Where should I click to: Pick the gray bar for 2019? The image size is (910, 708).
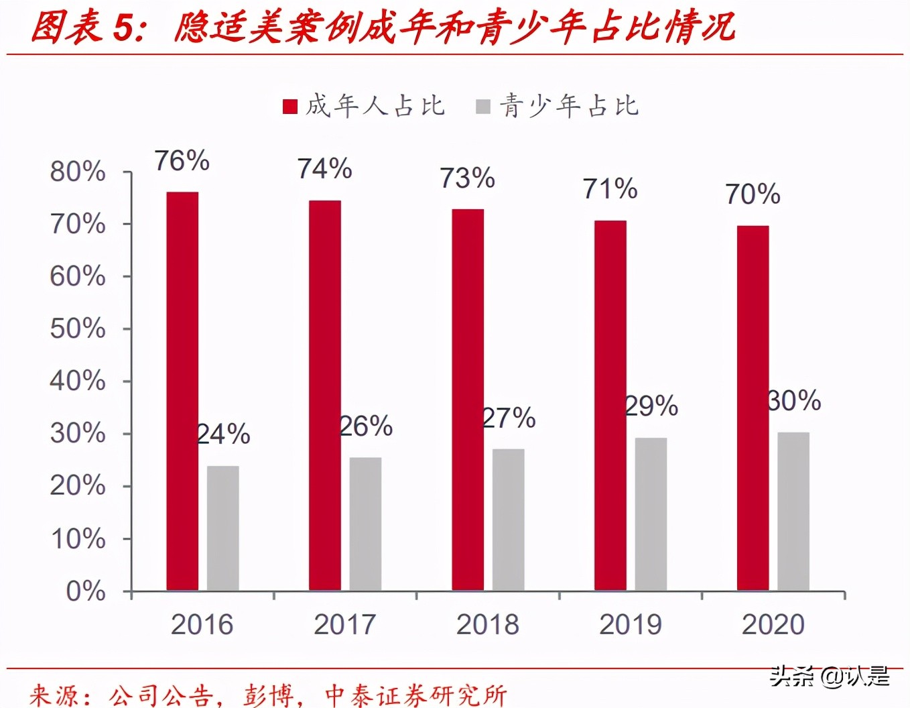pyautogui.click(x=651, y=514)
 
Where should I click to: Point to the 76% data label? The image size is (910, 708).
pyautogui.click(x=182, y=162)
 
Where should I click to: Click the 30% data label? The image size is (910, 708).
pyautogui.click(x=794, y=401)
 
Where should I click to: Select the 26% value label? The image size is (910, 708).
pyautogui.click(x=366, y=426)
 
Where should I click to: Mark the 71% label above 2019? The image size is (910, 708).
pyautogui.click(x=610, y=189)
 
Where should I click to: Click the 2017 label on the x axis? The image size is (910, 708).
pyautogui.click(x=344, y=624)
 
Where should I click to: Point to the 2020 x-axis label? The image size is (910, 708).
pyautogui.click(x=773, y=624)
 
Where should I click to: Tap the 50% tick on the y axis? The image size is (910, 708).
pyautogui.click(x=78, y=329)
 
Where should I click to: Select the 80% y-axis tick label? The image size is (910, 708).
pyautogui.click(x=78, y=172)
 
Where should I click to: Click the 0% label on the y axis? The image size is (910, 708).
pyautogui.click(x=86, y=591)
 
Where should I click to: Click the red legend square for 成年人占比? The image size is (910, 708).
pyautogui.click(x=290, y=107)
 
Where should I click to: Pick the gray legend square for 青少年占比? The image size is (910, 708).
pyautogui.click(x=482, y=107)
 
